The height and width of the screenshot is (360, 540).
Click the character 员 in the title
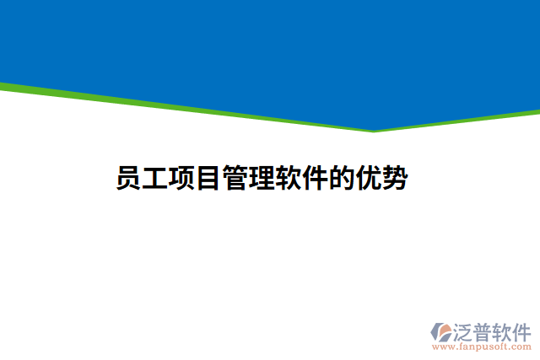129,180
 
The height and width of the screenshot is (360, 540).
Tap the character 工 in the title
155,180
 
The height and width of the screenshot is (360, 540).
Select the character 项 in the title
182,180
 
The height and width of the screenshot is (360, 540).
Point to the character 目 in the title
208,180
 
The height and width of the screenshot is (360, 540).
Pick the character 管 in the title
235,180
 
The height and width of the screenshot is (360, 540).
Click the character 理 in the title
262,180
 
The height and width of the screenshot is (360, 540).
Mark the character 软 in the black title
289,180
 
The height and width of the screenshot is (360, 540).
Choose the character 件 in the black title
315,180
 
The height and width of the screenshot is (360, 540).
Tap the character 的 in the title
342,180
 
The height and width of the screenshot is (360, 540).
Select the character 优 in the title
368,180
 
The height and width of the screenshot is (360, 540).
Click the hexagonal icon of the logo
440,330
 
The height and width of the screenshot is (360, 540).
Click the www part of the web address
440,347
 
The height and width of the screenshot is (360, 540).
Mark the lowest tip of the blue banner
374,129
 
